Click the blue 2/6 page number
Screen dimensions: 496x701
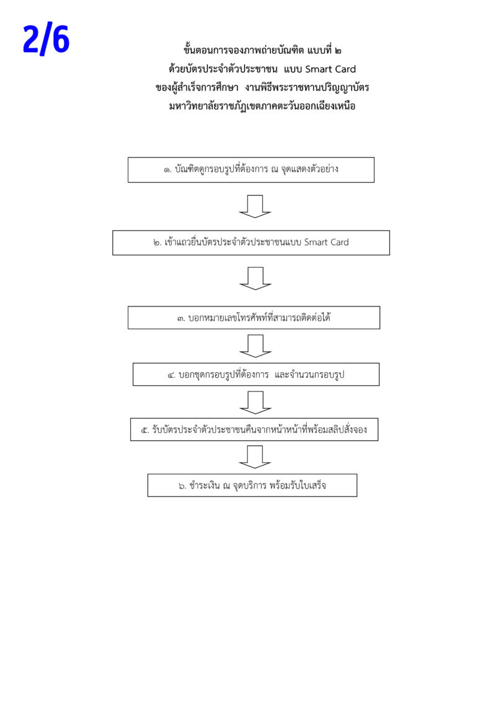pyautogui.click(x=46, y=40)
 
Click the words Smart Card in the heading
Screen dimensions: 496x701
pyautogui.click(x=330, y=69)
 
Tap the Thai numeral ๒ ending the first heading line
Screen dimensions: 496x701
pyautogui.click(x=337, y=51)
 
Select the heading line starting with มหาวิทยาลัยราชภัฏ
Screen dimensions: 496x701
pyautogui.click(x=262, y=107)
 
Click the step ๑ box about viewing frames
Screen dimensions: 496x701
pyautogui.click(x=250, y=170)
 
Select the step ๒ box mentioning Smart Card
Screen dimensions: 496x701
pyautogui.click(x=250, y=243)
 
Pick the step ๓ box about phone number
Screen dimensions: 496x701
pyautogui.click(x=254, y=318)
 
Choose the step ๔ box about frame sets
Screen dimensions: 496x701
pyautogui.click(x=256, y=374)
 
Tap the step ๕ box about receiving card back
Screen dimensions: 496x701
pyautogui.click(x=254, y=429)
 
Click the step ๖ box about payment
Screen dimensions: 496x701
pyautogui.click(x=252, y=485)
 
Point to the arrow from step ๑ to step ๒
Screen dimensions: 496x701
pyautogui.click(x=255, y=207)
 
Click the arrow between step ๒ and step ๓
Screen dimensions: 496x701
pyautogui.click(x=255, y=279)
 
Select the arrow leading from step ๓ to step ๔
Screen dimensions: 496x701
pyautogui.click(x=255, y=346)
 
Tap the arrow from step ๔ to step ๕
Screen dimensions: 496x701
pyautogui.click(x=255, y=403)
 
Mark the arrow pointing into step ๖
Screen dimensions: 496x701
pyautogui.click(x=255, y=457)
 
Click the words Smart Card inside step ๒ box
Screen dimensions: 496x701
pyautogui.click(x=326, y=242)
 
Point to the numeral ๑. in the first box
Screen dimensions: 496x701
pyautogui.click(x=167, y=170)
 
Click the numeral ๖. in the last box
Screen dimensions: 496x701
pyautogui.click(x=182, y=486)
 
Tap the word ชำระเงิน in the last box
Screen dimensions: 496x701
pyautogui.click(x=204, y=485)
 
